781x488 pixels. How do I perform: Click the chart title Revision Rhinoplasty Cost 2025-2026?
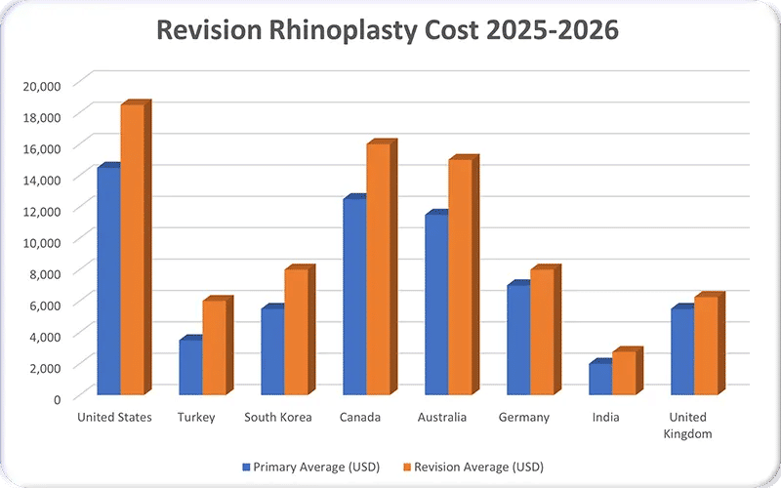coord(390,30)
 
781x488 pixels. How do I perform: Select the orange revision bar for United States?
coord(133,249)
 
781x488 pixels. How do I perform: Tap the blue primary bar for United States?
coord(107,281)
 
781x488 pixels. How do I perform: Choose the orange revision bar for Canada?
coord(379,269)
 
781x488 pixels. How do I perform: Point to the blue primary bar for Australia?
coord(435,305)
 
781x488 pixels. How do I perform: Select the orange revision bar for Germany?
coord(543,332)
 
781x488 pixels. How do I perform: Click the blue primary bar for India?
coord(599,379)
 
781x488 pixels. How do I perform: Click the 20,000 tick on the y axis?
coord(42,85)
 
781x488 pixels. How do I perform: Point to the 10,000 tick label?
coord(42,241)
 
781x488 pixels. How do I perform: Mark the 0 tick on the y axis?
coord(57,398)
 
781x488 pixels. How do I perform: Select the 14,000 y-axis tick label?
coord(42,179)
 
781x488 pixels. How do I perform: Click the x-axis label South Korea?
coord(278,418)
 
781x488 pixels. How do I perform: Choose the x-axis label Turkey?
coord(196,418)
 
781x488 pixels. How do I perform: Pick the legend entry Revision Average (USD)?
coord(478,466)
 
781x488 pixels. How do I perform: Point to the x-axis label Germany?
coord(524,418)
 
